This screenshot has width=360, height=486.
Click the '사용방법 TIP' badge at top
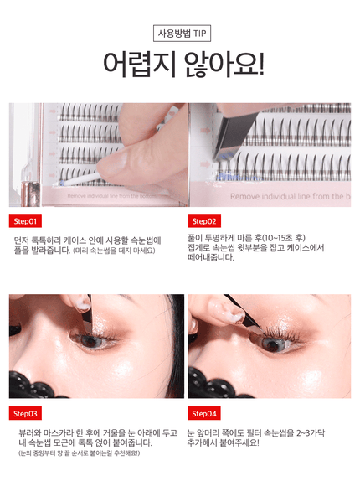point(179,34)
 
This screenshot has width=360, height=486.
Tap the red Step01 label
point(26,221)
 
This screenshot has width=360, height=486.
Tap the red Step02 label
point(205,221)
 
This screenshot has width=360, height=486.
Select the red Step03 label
point(26,414)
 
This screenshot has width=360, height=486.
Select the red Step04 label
point(205,414)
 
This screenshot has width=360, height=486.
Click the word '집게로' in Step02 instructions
point(203,249)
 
